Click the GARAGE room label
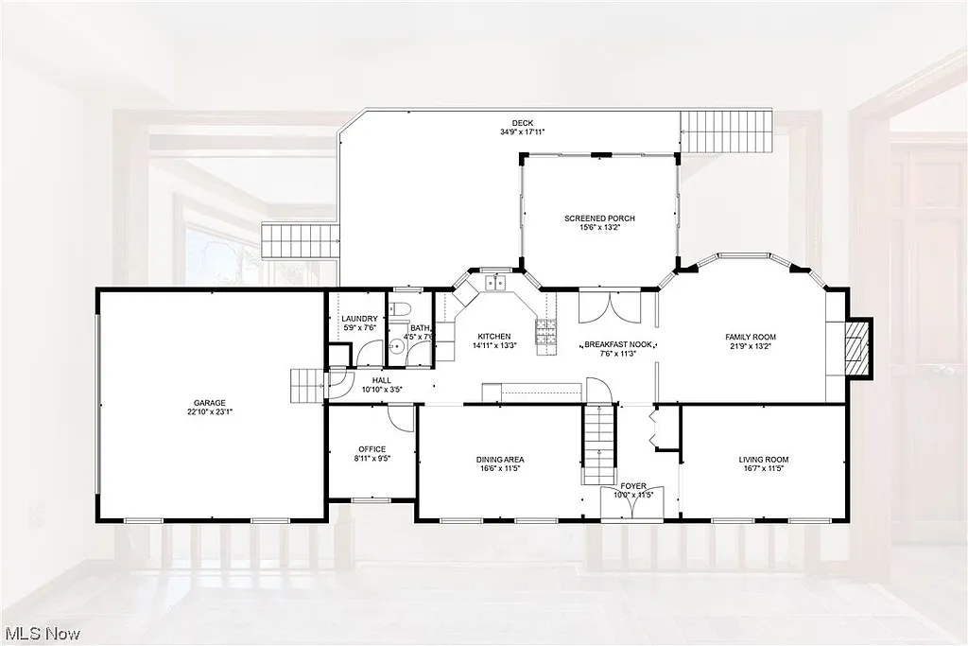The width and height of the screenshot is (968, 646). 211,403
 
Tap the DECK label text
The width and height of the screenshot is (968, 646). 522,123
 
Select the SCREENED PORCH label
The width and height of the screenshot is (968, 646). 599,218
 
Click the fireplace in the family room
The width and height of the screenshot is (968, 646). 856,349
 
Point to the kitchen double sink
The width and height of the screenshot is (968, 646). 494,282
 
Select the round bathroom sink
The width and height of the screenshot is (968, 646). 397,347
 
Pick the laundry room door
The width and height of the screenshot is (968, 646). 367,354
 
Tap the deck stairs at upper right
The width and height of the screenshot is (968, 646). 727,131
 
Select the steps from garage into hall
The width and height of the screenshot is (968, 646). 305,385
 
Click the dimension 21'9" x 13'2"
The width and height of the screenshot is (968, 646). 750,346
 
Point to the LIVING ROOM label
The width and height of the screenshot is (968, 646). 763,460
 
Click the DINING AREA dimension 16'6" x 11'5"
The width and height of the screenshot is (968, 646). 500,468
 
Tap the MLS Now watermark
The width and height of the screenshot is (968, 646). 43,633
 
